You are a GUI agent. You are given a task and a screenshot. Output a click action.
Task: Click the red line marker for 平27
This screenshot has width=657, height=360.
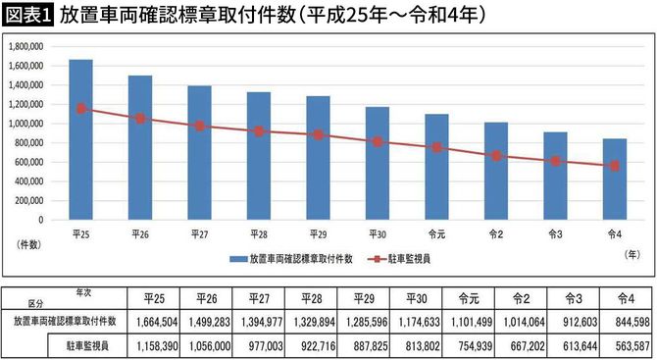[x=200, y=126]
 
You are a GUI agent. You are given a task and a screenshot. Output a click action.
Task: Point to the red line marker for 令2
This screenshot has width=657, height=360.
[x=496, y=155]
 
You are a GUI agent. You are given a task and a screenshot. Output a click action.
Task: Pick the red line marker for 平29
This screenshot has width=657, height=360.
[x=319, y=134]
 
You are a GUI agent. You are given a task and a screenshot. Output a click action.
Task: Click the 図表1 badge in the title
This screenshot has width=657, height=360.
[x=28, y=15]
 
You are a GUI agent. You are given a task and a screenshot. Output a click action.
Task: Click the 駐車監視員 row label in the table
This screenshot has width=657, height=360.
[x=85, y=345]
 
